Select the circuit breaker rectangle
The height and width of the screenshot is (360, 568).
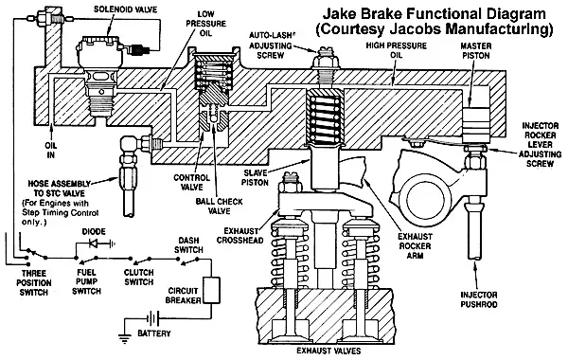point(211,290)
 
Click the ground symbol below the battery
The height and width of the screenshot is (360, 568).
point(124,338)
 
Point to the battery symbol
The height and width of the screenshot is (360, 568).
point(153,319)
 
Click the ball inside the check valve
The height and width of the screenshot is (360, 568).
point(213,118)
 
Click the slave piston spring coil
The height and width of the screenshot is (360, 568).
point(324,117)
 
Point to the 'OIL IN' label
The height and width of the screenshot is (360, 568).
point(51,150)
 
